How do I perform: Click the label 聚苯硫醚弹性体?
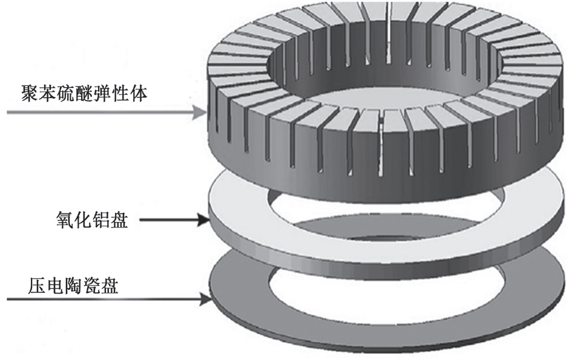(x=76, y=94)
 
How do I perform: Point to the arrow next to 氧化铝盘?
(x=176, y=221)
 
